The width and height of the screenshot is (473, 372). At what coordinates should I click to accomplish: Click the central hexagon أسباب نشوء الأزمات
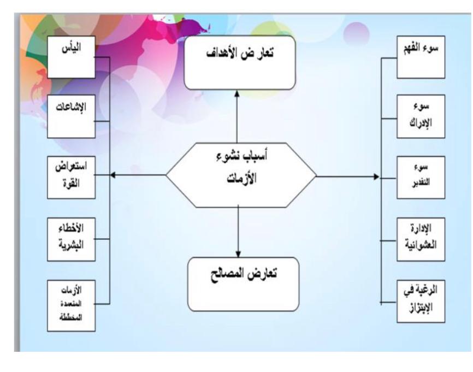(x=241, y=175)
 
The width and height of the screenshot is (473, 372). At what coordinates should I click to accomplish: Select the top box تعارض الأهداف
(x=240, y=62)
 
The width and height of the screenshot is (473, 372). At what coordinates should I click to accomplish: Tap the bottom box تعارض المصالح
(x=243, y=284)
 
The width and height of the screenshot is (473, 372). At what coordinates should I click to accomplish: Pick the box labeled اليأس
(x=71, y=57)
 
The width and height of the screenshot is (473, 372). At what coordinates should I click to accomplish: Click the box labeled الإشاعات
(x=71, y=116)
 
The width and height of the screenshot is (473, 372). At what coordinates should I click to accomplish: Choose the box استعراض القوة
(x=71, y=178)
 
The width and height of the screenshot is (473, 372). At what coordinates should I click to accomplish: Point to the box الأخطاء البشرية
(x=71, y=239)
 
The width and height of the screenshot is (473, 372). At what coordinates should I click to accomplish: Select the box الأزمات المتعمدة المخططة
(x=71, y=305)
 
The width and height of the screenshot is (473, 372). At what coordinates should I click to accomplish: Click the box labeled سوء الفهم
(x=421, y=57)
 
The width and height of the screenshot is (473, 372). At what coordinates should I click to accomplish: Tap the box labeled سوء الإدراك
(x=421, y=116)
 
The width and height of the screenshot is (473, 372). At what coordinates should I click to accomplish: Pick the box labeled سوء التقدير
(x=421, y=178)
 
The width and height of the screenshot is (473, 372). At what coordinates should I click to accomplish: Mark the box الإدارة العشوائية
(x=421, y=239)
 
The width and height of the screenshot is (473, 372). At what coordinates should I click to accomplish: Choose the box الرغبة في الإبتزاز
(x=421, y=301)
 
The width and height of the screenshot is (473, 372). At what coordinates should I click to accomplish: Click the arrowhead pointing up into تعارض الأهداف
(x=237, y=93)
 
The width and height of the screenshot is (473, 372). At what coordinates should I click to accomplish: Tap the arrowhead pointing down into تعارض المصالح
(x=238, y=253)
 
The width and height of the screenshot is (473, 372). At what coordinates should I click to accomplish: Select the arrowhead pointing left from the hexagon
(x=113, y=175)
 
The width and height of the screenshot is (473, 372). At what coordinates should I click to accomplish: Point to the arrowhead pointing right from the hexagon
(x=376, y=177)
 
